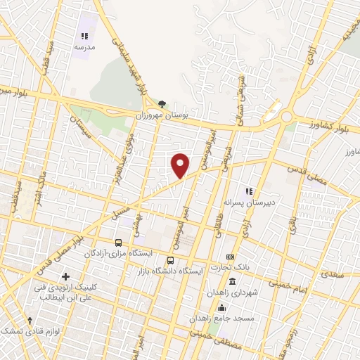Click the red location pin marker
tap(181, 165)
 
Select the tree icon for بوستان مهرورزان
tap(162, 103)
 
